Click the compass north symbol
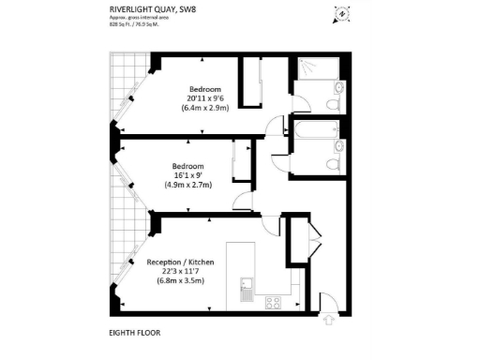[343, 13]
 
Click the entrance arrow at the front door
[329, 320]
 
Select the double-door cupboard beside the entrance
[297, 247]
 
